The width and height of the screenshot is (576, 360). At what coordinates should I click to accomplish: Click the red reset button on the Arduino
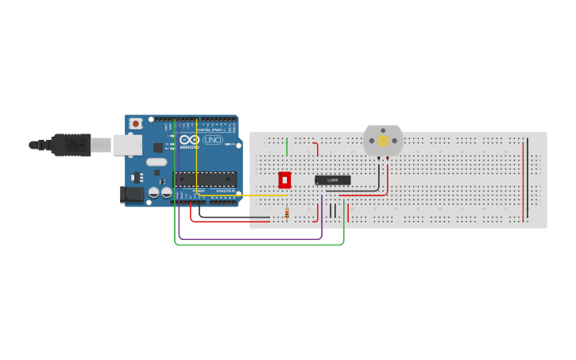coord(136,124)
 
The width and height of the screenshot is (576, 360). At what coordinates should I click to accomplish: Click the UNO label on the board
coord(213,140)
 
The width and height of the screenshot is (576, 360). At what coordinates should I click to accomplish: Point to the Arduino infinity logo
coord(190,140)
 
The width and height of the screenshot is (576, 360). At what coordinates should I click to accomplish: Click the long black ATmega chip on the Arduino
coord(205,180)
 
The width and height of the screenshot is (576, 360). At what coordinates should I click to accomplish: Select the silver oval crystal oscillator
coord(157,162)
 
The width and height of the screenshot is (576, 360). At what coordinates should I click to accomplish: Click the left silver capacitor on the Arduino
coord(155,192)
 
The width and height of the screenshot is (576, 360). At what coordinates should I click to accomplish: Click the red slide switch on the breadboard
coord(284,180)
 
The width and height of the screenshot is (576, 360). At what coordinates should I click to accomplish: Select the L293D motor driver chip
coord(332,180)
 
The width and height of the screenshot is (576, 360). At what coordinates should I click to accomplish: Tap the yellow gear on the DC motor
coord(383,141)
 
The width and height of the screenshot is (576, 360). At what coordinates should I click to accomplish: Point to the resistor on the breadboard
coord(287,212)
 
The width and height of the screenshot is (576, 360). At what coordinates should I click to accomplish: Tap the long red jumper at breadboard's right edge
coord(523,181)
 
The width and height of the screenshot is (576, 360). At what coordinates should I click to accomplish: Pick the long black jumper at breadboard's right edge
coord(528,181)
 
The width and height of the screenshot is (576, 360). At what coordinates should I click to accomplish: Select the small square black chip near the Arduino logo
coord(158,147)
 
